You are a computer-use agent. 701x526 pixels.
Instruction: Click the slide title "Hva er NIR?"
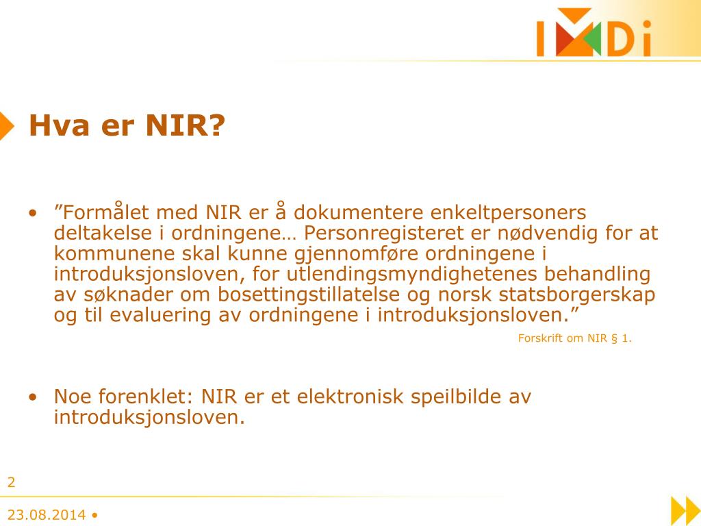[x=127, y=126]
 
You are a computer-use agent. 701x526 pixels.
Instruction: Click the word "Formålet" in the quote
[x=102, y=213]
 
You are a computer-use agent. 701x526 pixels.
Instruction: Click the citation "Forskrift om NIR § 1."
[x=574, y=338]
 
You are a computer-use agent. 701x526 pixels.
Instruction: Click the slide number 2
[x=11, y=482]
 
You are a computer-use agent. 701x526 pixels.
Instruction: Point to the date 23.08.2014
[x=47, y=515]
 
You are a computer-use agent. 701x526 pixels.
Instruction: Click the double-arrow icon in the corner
[x=684, y=510]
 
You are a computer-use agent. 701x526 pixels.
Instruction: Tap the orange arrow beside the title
[x=6, y=125]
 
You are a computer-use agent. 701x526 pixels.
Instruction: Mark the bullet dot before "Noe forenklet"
[x=33, y=397]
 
